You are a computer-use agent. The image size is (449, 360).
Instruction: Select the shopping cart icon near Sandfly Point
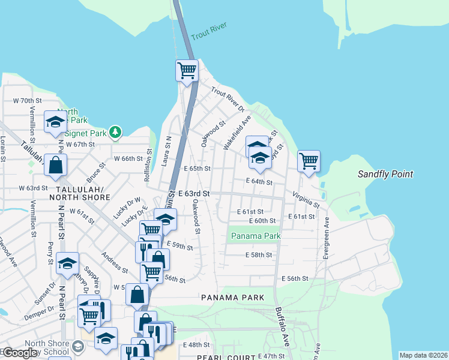(x=309, y=161)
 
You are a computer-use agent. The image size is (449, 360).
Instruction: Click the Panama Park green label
(x=256, y=236)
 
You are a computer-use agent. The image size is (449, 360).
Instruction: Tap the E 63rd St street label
(x=194, y=194)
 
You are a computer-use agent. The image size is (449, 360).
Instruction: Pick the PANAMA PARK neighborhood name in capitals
(x=232, y=297)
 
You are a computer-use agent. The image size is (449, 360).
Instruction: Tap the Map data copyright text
(x=423, y=355)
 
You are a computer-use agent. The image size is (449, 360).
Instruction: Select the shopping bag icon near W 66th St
(x=55, y=166)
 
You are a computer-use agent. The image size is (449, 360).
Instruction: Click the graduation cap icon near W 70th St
(x=55, y=121)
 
